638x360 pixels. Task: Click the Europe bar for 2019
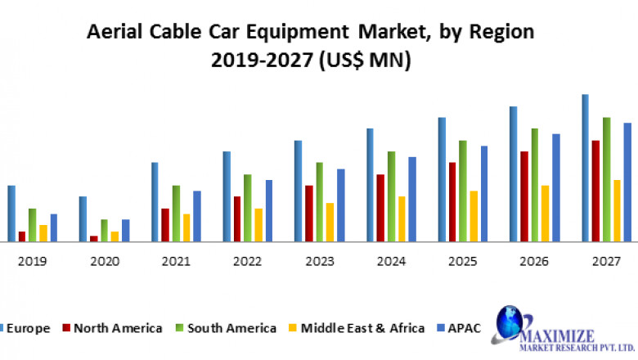[x=11, y=214]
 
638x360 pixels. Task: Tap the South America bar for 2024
[x=391, y=196]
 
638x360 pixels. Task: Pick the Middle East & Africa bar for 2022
[x=258, y=225]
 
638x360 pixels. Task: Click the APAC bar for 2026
[x=556, y=187]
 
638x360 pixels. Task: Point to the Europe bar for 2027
[x=586, y=168]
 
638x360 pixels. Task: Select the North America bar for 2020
[x=94, y=238]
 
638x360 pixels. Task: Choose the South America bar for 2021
[x=176, y=214]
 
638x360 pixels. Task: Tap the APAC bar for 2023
[x=341, y=205]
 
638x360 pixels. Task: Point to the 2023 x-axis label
[x=319, y=262]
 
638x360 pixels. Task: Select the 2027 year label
[x=606, y=262]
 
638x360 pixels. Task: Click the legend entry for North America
[x=117, y=328]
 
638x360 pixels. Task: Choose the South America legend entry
[x=231, y=328]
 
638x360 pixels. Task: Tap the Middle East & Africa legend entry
[x=362, y=328]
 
